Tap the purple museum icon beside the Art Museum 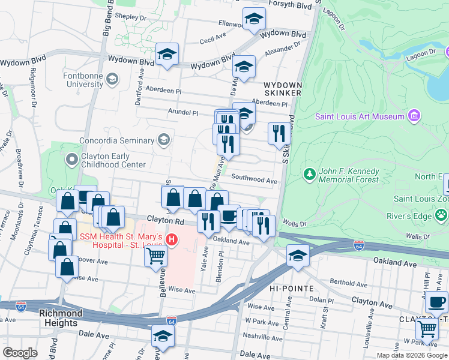413,115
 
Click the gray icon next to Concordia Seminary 163,140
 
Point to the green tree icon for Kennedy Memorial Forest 310,175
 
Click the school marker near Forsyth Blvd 254,19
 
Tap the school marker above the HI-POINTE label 298,255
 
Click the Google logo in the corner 20,352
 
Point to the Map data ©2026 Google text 412,355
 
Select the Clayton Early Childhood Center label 113,160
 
